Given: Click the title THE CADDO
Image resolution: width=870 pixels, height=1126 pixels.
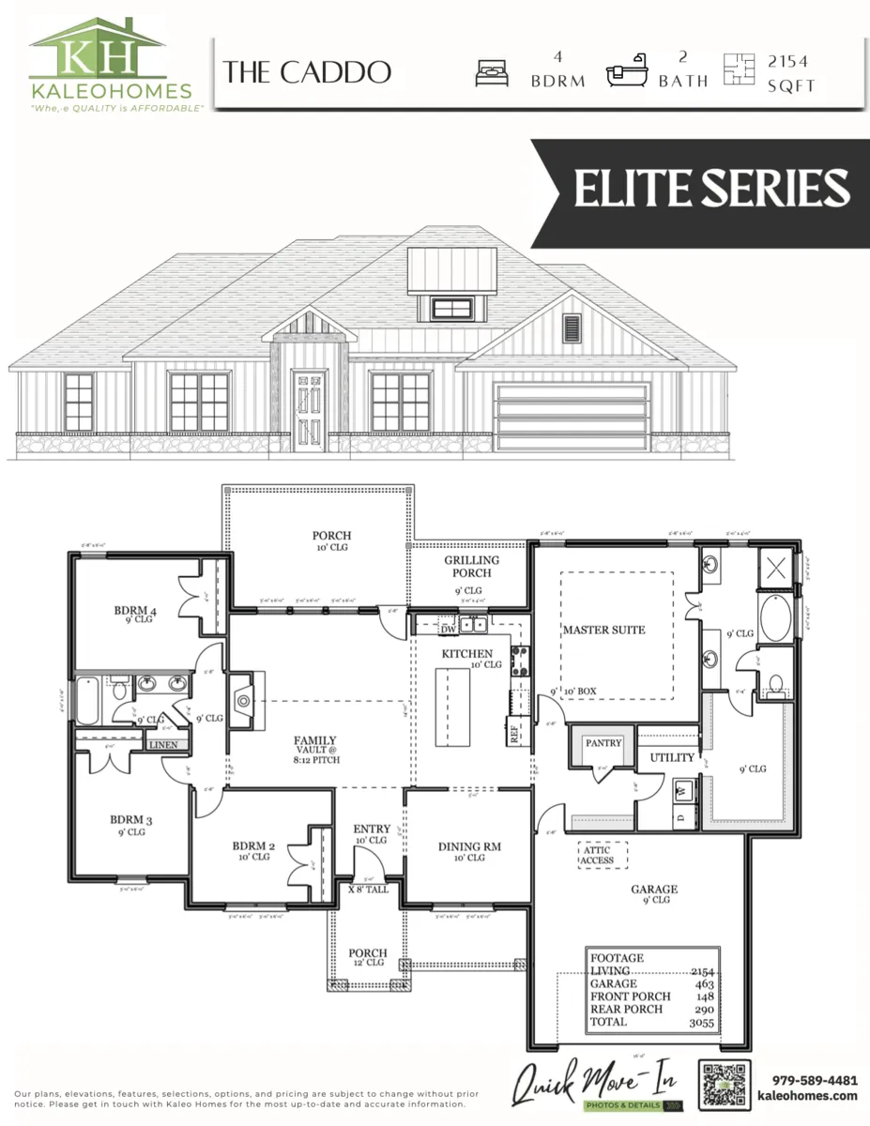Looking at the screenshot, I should pyautogui.click(x=307, y=73).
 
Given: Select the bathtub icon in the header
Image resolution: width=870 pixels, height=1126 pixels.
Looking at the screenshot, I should pyautogui.click(x=626, y=75).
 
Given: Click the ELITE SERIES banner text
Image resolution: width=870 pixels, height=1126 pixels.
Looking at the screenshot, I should pyautogui.click(x=711, y=188).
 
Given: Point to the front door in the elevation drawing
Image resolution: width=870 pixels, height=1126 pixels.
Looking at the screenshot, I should pyautogui.click(x=309, y=410).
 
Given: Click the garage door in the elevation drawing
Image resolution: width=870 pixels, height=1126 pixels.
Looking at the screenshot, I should pyautogui.click(x=573, y=418).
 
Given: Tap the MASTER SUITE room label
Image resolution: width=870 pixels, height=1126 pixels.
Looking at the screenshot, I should pyautogui.click(x=603, y=630).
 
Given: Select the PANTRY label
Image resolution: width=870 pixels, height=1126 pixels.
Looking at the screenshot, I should pyautogui.click(x=603, y=743).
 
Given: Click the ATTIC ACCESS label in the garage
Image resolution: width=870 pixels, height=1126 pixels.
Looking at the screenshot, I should pyautogui.click(x=597, y=855).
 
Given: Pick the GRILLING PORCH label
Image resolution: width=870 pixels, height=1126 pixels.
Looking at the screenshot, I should pyautogui.click(x=471, y=567).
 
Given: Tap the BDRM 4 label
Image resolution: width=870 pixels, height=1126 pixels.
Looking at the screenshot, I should pyautogui.click(x=135, y=612).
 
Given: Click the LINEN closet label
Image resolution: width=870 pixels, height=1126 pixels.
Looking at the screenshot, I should pyautogui.click(x=162, y=745).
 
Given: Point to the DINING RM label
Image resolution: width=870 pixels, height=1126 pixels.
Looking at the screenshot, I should pyautogui.click(x=469, y=846).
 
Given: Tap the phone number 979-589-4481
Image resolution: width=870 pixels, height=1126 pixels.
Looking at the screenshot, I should pyautogui.click(x=814, y=1079).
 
